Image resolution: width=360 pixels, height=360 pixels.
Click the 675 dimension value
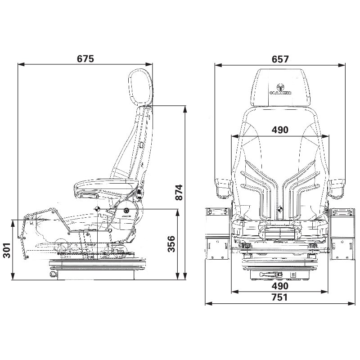pyautogui.click(x=85, y=59)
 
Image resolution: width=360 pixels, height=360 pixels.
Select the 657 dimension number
pyautogui.click(x=279, y=59)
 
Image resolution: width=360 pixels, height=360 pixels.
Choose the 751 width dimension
pyautogui.click(x=279, y=297)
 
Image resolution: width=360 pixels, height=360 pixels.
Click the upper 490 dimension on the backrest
pyautogui.click(x=279, y=130)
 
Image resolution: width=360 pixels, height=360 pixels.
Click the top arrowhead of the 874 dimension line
pyautogui.click(x=185, y=108)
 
